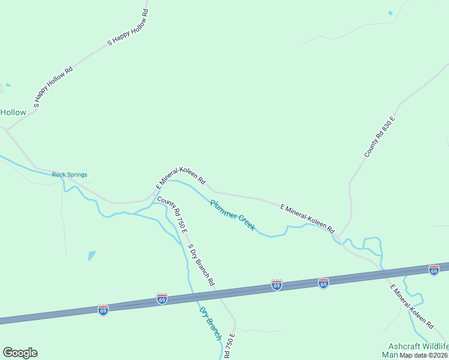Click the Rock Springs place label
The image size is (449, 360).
70,175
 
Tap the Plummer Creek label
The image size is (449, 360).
232,215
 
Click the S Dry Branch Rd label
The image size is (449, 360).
200,264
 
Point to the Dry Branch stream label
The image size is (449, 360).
210,323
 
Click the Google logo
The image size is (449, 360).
20,353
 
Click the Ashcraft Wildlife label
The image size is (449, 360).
418,347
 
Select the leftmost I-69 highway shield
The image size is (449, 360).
103,310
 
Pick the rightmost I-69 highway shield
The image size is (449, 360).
434,270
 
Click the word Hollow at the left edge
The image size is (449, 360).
13,112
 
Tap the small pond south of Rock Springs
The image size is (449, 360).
91,255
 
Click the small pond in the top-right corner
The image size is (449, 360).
390,13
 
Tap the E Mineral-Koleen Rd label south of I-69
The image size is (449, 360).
412,307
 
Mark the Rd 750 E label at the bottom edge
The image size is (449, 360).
228,349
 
